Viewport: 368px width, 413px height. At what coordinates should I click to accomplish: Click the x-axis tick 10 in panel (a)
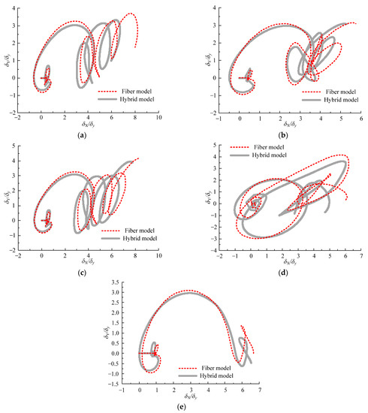point(158,118)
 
